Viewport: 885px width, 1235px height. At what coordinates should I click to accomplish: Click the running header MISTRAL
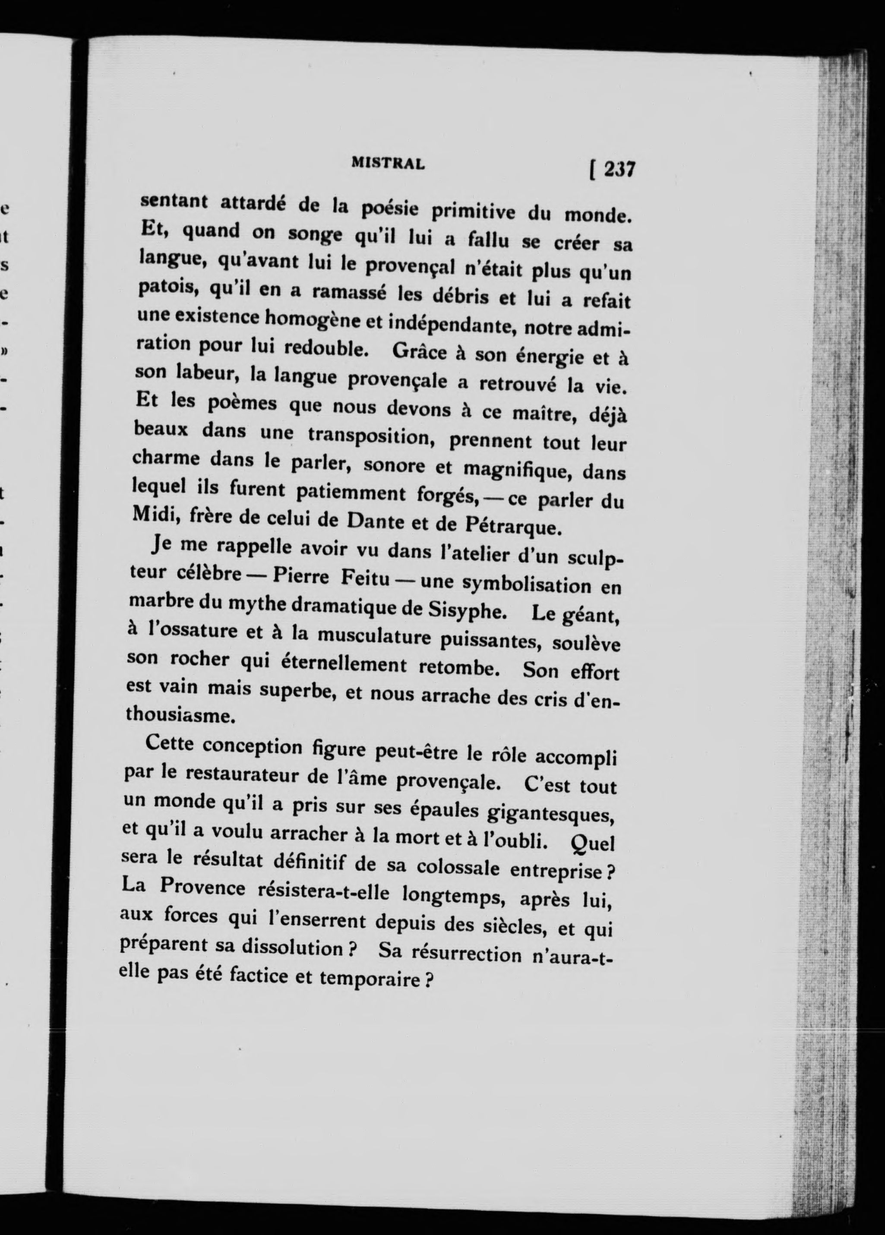tap(388, 163)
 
